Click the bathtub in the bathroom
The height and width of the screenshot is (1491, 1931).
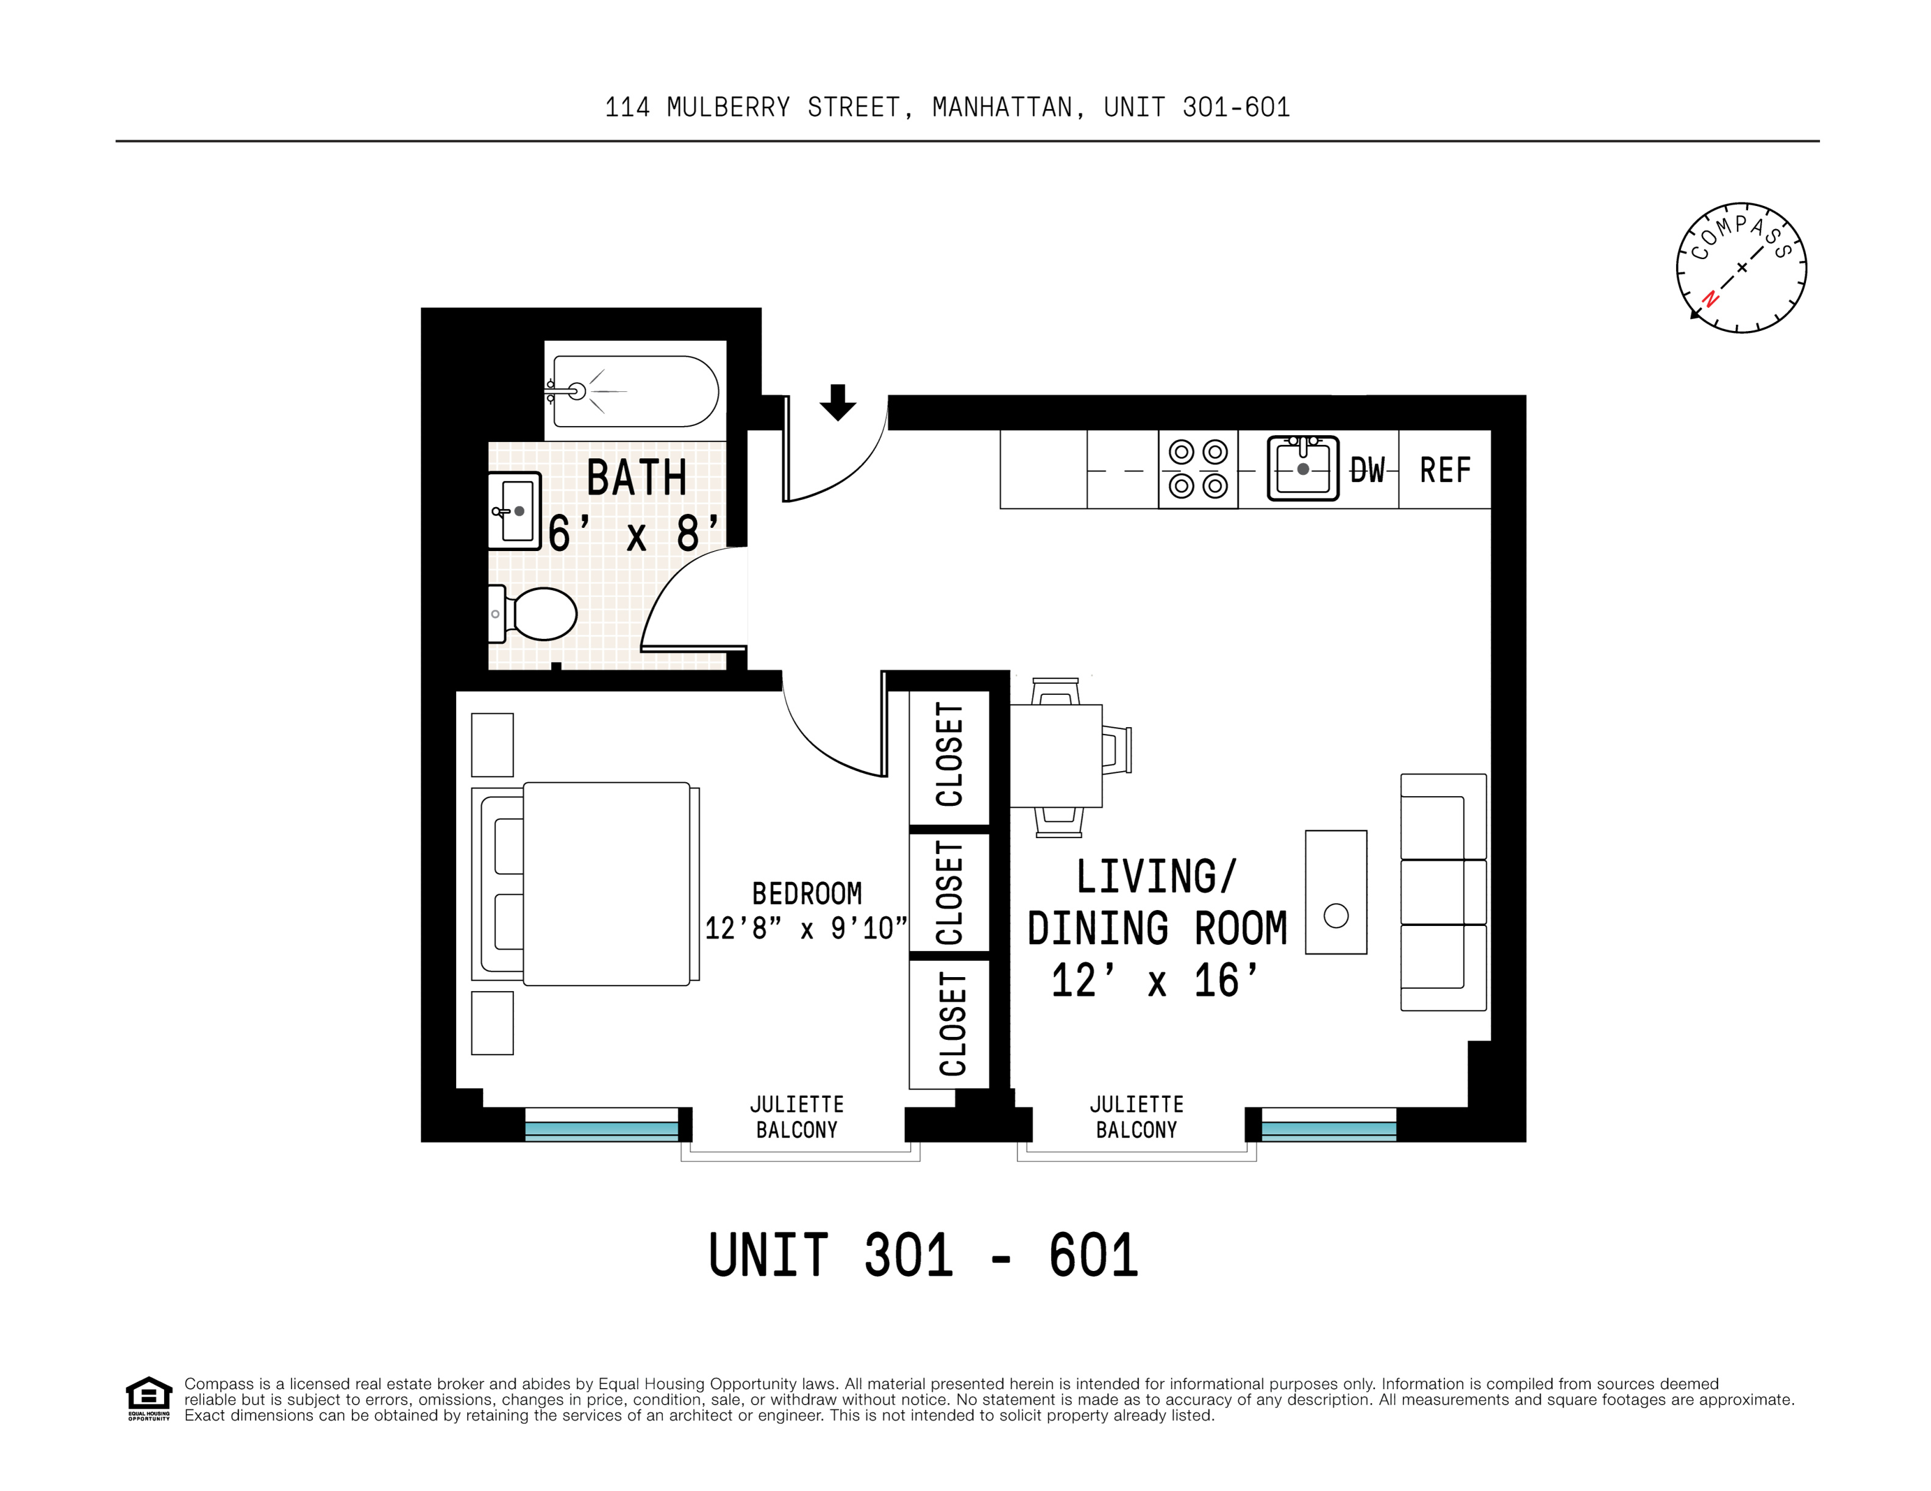pos(635,391)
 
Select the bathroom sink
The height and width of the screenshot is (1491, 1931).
pos(515,511)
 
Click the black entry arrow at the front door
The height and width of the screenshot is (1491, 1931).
pos(837,402)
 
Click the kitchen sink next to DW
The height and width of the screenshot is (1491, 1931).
pos(1302,468)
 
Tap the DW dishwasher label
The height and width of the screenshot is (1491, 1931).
pos(1367,470)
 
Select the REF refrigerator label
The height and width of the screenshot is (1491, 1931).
pos(1444,470)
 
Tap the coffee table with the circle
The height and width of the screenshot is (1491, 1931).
pos(1336,892)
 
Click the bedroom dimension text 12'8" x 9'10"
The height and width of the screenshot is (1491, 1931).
pos(805,928)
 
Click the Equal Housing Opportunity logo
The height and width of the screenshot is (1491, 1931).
pos(148,1398)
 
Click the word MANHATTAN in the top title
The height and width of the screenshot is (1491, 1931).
pos(1002,108)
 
